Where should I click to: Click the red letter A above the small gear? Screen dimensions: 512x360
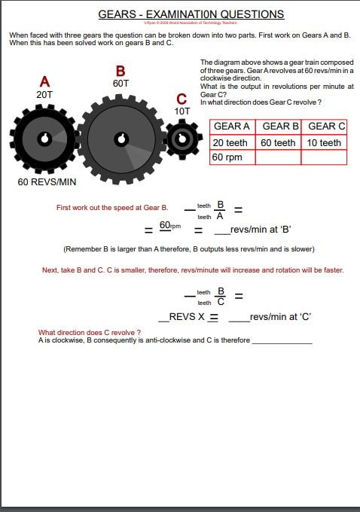coord(45,81)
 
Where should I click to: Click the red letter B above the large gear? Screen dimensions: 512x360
coord(121,72)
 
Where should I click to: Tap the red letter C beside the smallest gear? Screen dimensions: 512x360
coord(182,99)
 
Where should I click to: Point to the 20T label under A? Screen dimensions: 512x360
coord(44,95)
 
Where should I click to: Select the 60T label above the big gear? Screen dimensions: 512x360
coord(121,84)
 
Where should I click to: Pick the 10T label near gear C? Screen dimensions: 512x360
coord(182,111)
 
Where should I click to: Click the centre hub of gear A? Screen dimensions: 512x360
coord(44,139)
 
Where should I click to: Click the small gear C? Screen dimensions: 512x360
coord(182,139)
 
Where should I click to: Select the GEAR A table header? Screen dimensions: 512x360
coord(232,126)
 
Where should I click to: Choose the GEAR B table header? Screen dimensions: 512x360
coord(280,126)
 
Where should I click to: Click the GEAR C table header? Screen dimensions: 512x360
coord(326,126)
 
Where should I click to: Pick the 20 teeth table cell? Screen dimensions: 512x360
coord(230,142)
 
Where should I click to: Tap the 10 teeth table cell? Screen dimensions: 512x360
coord(324,142)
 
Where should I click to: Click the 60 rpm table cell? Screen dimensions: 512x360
coord(227,157)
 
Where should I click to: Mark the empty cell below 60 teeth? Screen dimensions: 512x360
coord(278,157)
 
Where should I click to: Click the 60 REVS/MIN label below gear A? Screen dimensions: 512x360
coord(47,182)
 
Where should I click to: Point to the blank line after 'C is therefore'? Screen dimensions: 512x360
coord(282,340)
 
